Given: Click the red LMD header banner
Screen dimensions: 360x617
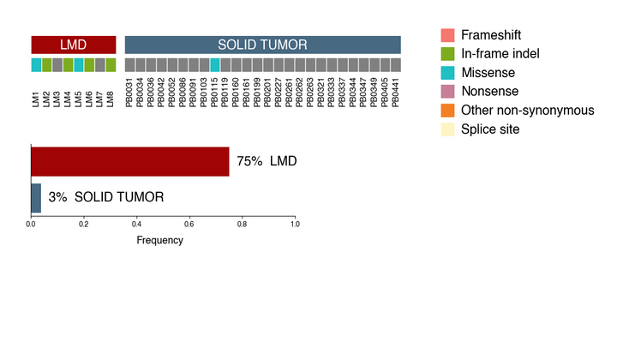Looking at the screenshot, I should click(x=73, y=45).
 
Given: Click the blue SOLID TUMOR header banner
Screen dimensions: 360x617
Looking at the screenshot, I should click(x=262, y=45).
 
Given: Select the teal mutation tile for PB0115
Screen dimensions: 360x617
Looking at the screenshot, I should click(x=215, y=64).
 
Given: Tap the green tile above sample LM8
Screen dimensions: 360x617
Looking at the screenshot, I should click(x=111, y=64).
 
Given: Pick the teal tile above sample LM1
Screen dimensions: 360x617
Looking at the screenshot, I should click(x=36, y=64).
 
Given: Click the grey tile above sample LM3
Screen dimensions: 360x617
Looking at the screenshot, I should click(x=57, y=64).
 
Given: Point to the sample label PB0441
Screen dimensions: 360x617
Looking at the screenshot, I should click(x=396, y=93).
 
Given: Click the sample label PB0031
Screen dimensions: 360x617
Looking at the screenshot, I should click(x=130, y=93).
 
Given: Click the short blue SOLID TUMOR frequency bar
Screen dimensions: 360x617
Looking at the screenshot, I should click(x=36, y=197).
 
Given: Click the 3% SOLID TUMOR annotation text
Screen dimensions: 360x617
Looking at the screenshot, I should click(x=105, y=197).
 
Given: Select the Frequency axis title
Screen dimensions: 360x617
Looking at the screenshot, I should click(x=160, y=240).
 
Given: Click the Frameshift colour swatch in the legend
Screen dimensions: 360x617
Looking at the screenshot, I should click(x=447, y=35).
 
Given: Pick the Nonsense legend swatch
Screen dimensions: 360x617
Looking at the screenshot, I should click(x=447, y=92).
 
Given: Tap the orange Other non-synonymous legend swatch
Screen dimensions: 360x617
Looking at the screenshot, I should click(x=447, y=111).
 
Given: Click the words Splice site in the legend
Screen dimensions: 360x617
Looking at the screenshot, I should click(x=490, y=129).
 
